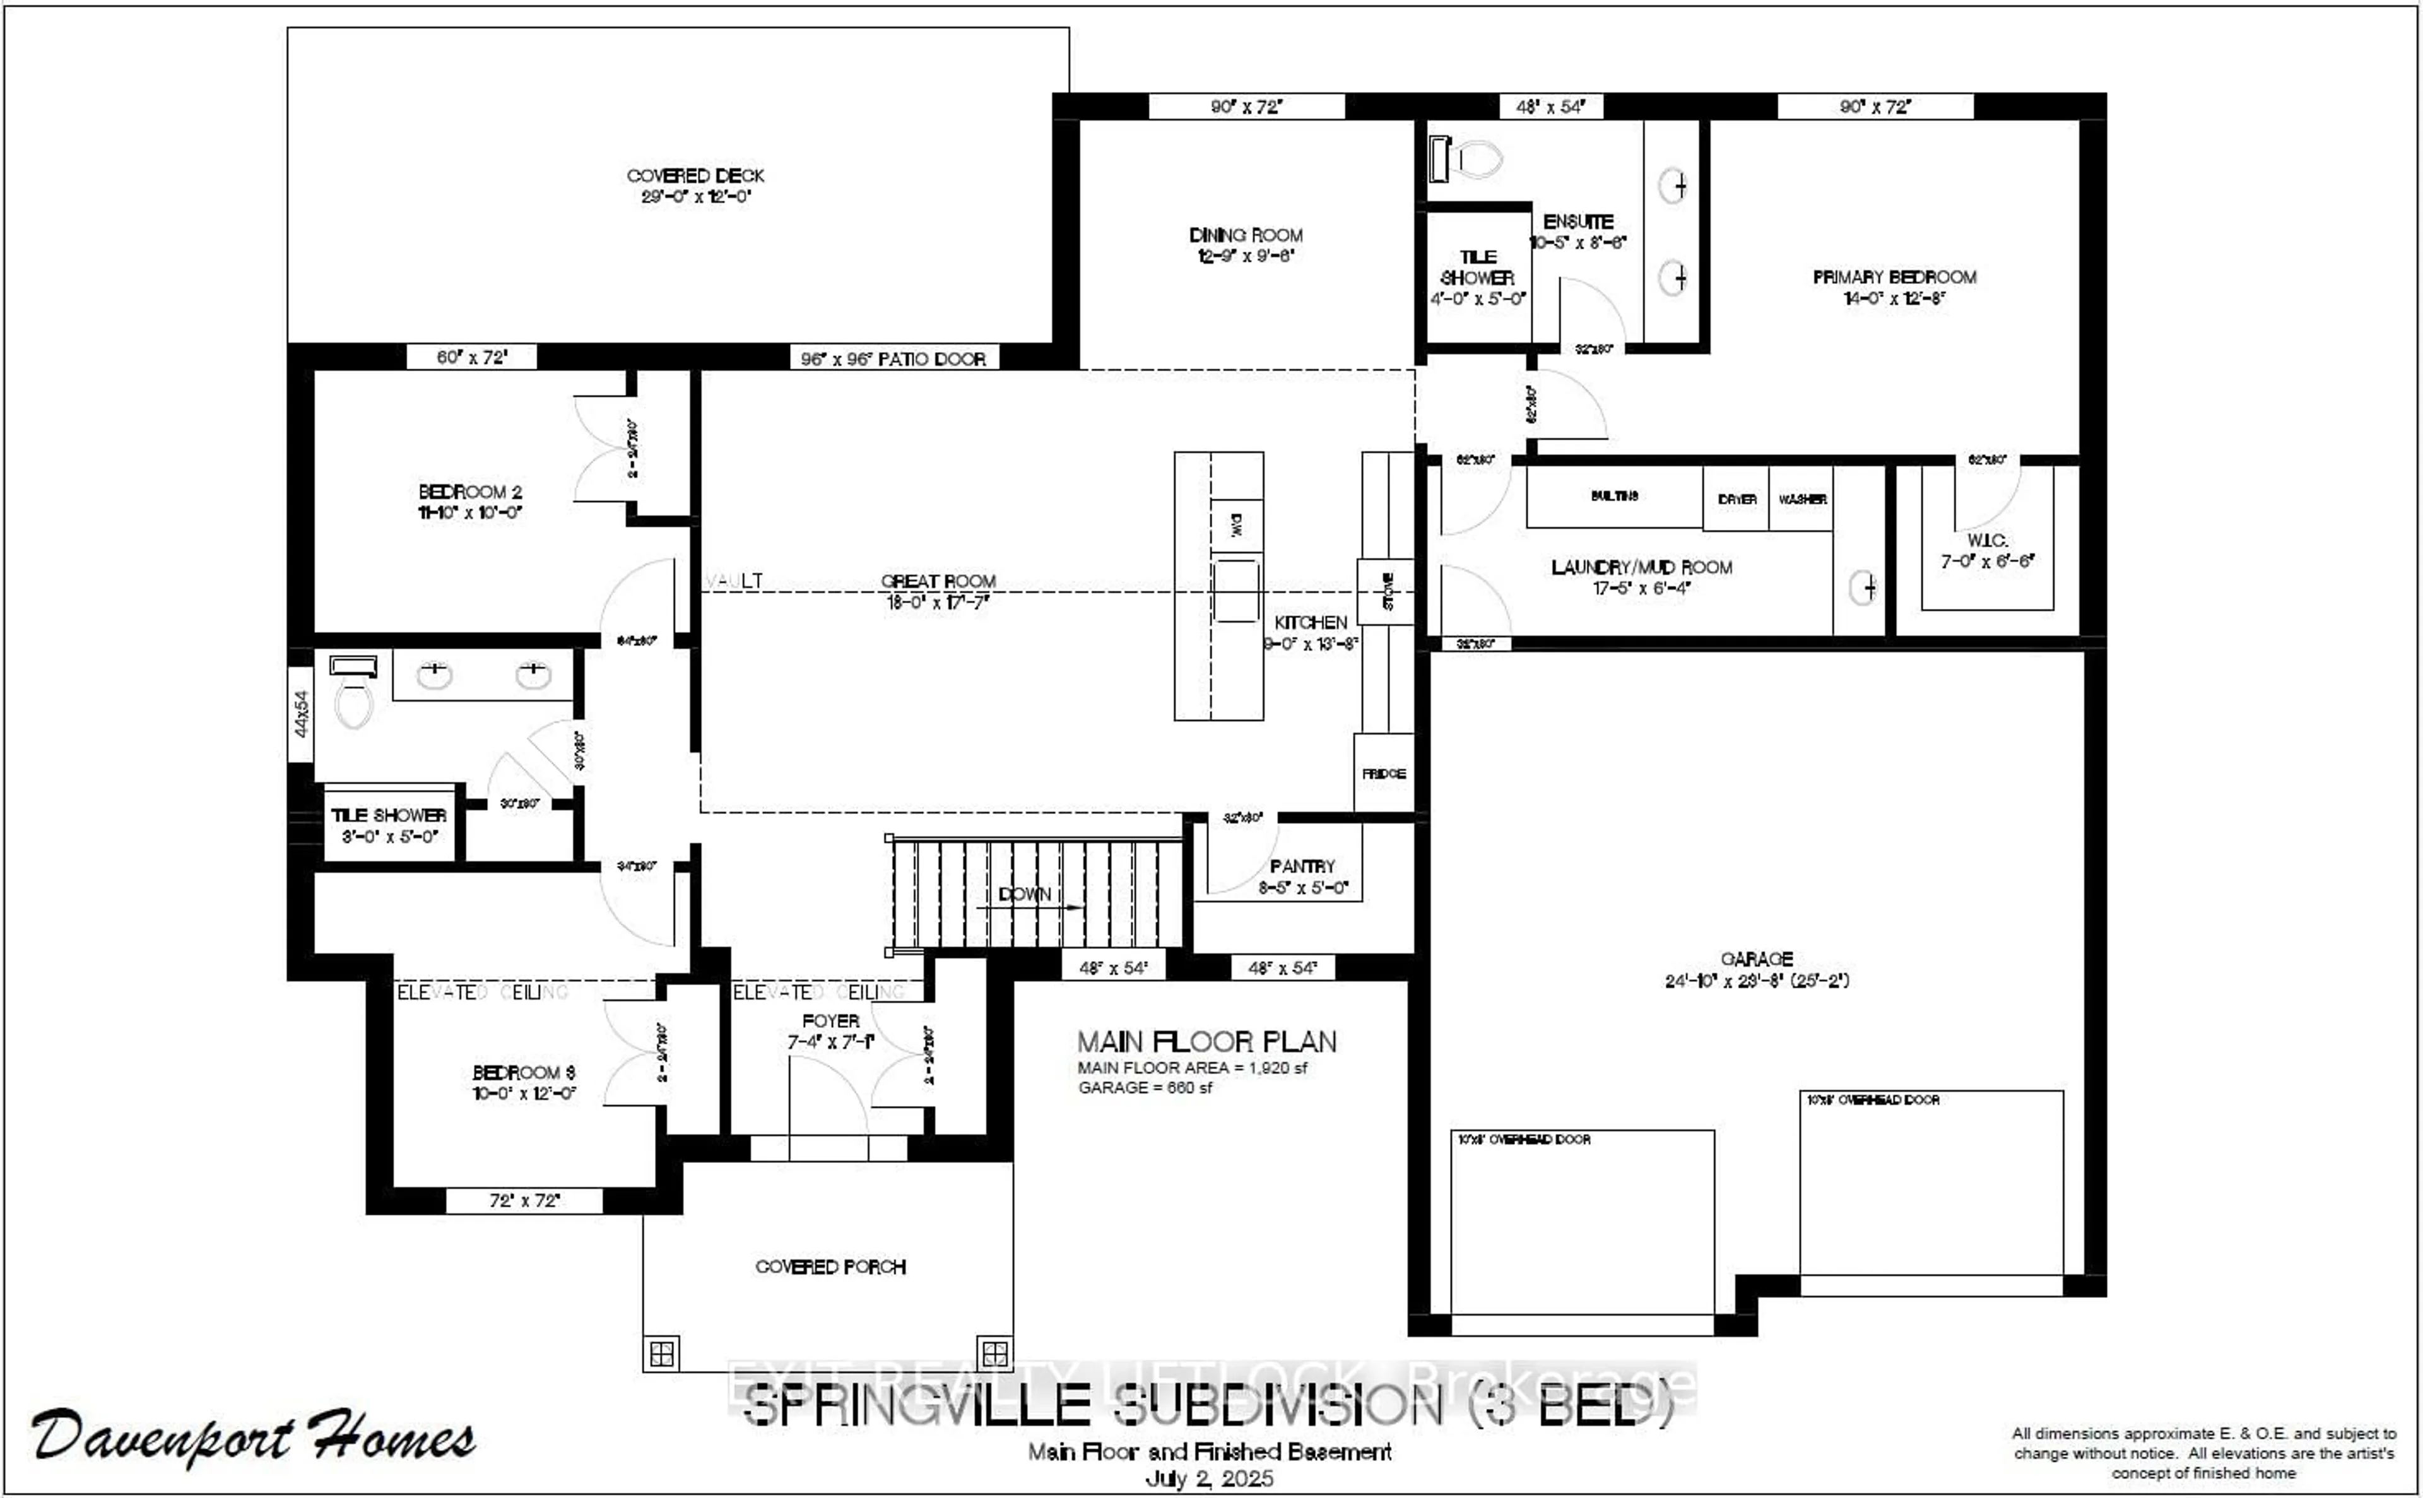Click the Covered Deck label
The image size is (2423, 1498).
point(695,176)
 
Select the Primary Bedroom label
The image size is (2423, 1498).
point(1894,278)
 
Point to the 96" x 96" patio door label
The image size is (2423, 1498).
point(893,358)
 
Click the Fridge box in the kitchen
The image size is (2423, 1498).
point(1383,773)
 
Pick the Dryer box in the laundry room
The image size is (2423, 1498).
point(1736,499)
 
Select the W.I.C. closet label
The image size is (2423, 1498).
point(1987,541)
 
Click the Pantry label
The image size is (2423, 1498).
point(1302,866)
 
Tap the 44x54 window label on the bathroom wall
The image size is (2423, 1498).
point(301,713)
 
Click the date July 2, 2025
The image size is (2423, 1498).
point(1210,1479)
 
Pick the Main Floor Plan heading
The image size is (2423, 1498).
point(1206,1042)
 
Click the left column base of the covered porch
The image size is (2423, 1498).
point(662,1354)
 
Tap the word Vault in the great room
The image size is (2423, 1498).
point(734,581)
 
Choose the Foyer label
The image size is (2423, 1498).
point(830,1020)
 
